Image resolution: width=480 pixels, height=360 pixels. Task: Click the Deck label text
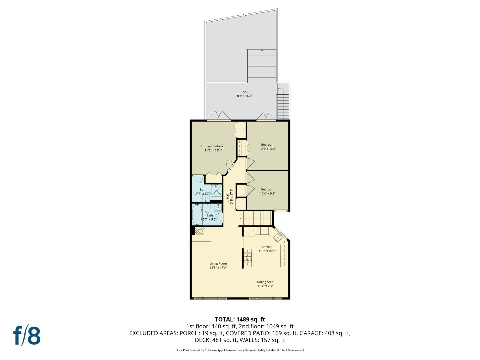coord(244,92)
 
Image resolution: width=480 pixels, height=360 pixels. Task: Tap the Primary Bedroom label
coord(213,146)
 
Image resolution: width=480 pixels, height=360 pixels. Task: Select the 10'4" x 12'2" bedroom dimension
coord(267,149)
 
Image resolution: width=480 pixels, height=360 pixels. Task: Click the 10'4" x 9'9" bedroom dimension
coord(267,193)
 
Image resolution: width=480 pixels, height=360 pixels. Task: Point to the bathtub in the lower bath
coord(197,214)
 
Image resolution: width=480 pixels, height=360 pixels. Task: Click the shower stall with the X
coord(216,190)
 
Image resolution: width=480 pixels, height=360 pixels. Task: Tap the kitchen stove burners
coord(248,258)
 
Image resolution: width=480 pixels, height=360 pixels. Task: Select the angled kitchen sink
coord(278,237)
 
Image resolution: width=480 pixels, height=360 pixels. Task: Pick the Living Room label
coord(218,264)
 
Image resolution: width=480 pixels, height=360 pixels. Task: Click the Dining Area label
coord(265,282)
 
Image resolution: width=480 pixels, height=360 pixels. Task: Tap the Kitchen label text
coord(267,247)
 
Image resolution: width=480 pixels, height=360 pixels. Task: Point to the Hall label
coord(227,196)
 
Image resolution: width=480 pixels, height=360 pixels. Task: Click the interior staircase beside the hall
coord(256,218)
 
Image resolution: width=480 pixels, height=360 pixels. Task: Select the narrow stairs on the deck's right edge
coord(283,107)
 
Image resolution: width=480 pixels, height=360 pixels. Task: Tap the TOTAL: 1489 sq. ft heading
coord(240,320)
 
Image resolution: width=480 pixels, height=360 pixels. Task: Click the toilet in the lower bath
coord(208,209)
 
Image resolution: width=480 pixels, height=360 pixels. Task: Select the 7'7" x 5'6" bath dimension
coord(209,219)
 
